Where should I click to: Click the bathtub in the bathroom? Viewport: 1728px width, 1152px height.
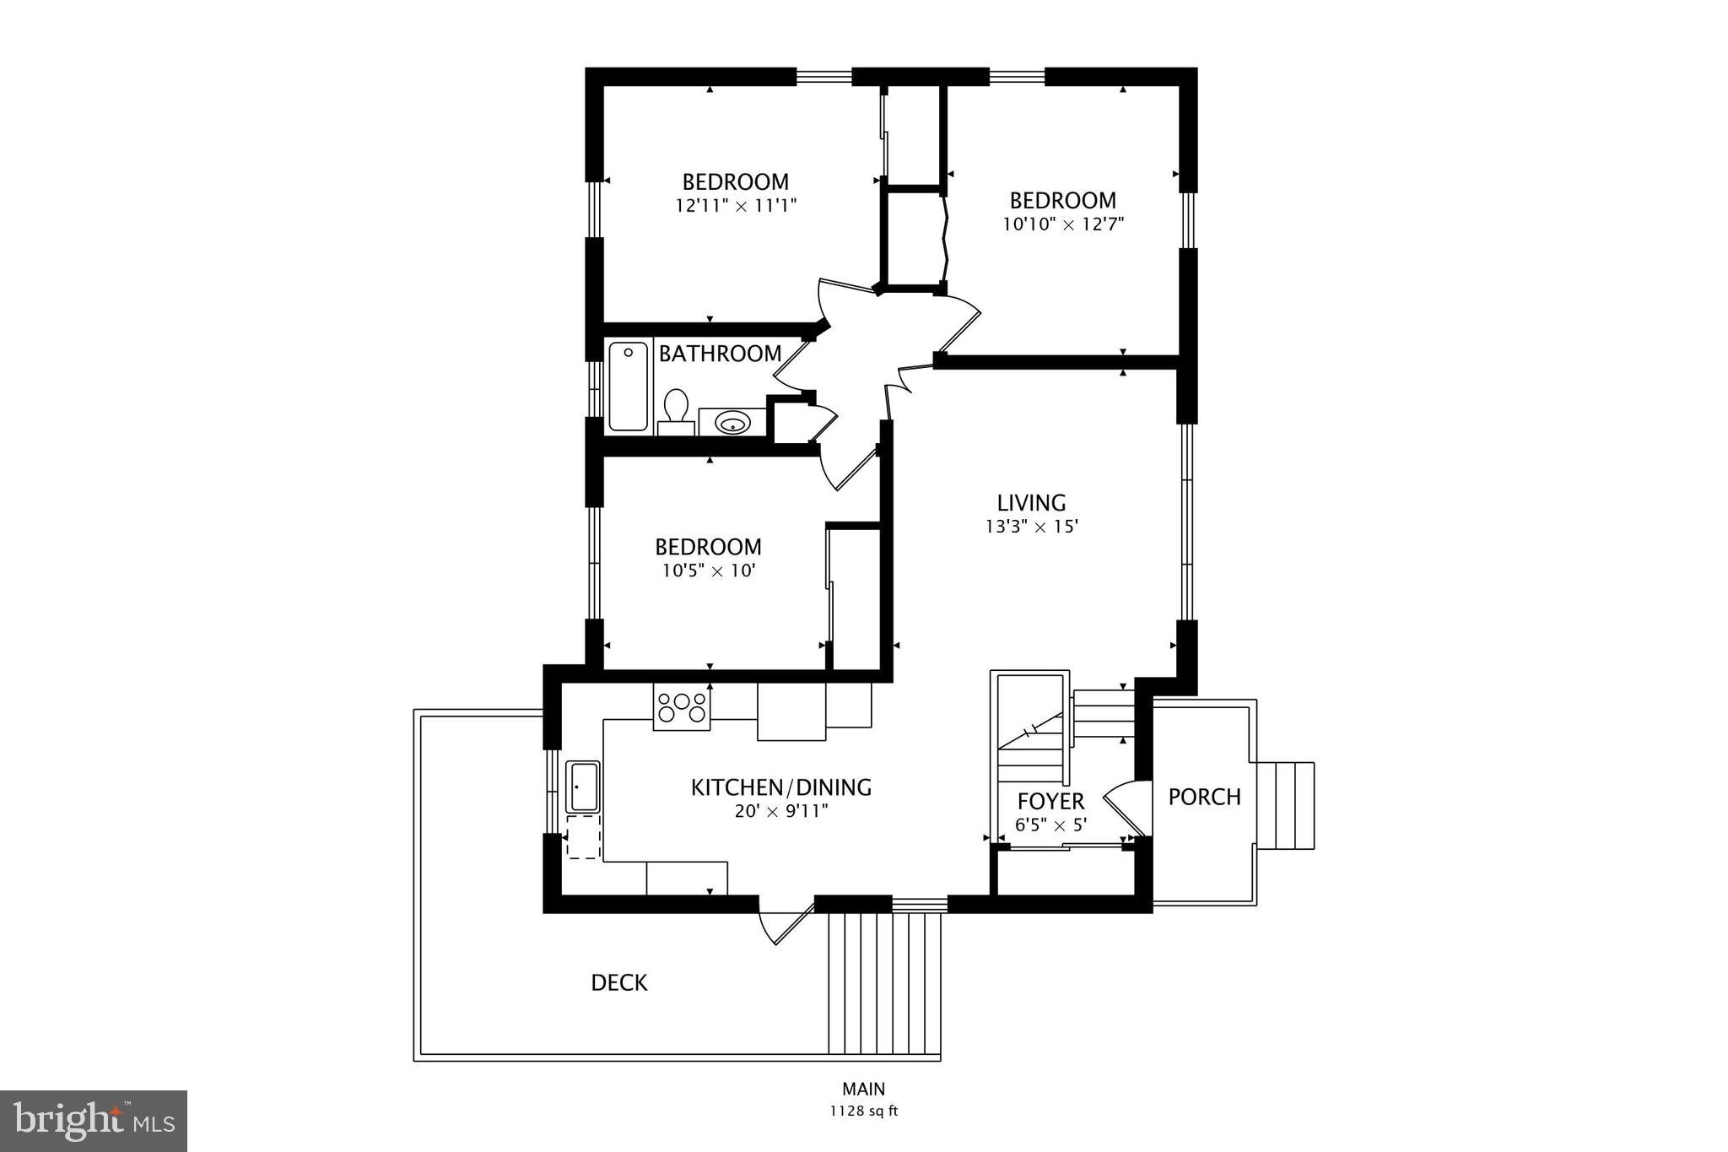coord(629,386)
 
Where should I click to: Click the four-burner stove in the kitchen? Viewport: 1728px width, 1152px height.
coord(682,707)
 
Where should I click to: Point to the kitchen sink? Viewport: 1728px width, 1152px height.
coord(582,787)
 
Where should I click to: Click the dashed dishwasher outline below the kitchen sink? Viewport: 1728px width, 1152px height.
coord(582,836)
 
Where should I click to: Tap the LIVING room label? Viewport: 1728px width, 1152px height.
coord(1031,503)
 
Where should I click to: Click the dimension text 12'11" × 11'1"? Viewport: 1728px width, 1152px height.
coord(736,205)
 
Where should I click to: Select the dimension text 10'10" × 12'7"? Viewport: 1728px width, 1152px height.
coord(1063,224)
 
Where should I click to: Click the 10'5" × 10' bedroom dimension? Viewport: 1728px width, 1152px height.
coord(708,571)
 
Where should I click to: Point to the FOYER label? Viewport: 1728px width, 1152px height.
coord(1050,801)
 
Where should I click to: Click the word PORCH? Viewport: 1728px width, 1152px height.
coord(1204,797)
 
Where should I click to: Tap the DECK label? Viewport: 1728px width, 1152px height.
coord(618,982)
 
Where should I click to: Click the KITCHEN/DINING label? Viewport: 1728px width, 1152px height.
coord(780,787)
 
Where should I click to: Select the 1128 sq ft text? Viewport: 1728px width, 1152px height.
coord(863,1111)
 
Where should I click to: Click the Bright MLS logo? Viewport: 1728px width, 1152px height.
coord(94,1120)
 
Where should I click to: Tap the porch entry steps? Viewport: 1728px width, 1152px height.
coord(1285,805)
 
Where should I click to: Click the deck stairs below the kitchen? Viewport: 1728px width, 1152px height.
coord(883,983)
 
